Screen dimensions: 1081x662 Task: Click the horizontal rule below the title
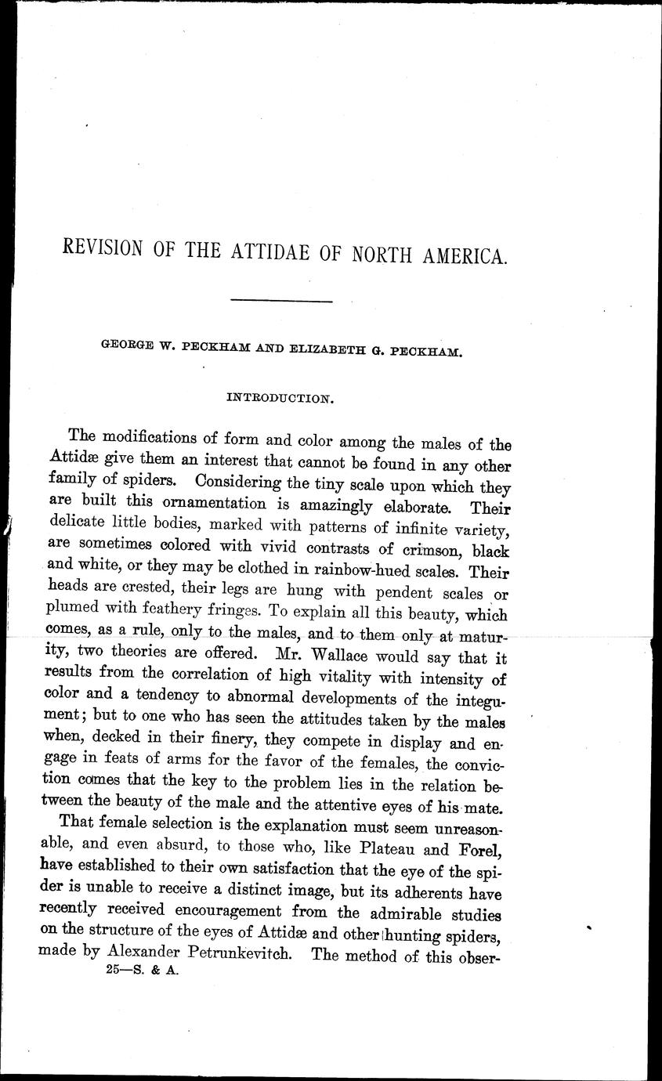coord(284,300)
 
